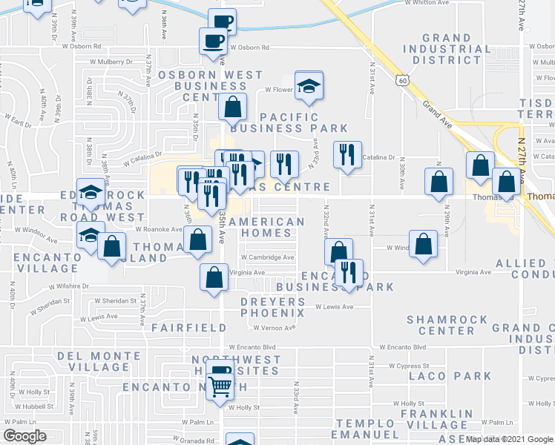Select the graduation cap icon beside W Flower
click(x=309, y=86)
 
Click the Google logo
click(x=24, y=436)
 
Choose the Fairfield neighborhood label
click(x=189, y=327)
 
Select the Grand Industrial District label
click(x=456, y=49)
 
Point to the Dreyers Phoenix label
click(x=272, y=307)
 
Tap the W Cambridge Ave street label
click(x=266, y=257)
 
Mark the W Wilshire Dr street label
click(x=69, y=286)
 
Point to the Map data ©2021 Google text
click(x=510, y=439)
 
